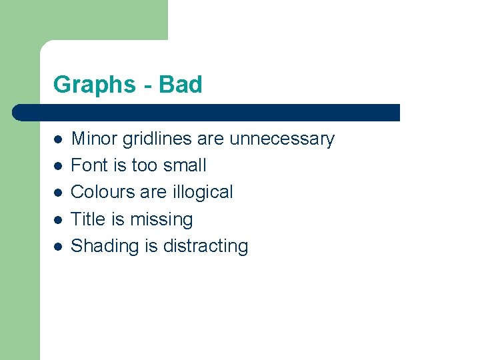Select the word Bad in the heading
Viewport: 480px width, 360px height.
coord(181,85)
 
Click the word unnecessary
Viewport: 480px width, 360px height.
coord(281,139)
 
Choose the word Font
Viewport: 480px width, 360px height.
coord(87,165)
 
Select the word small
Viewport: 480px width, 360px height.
coord(185,165)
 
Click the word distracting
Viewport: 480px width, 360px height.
coord(205,246)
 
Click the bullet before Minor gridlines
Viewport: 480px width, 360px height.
coord(58,139)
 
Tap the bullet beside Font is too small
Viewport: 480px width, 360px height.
coord(58,166)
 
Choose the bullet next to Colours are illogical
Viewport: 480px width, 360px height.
coord(58,193)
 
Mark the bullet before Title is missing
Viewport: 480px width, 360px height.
coord(58,219)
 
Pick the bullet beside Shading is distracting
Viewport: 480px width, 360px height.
coord(58,246)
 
